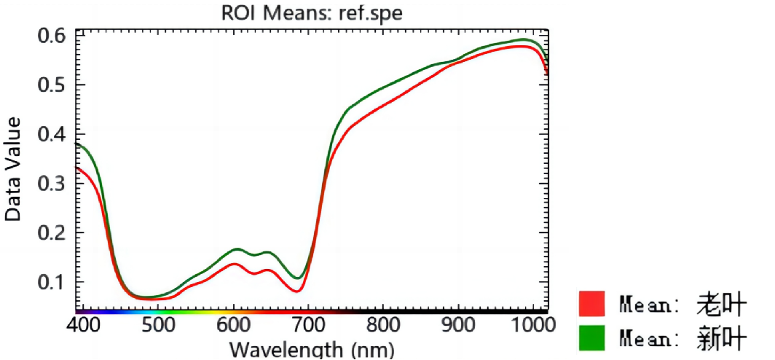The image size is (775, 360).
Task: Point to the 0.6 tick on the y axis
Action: [50, 35]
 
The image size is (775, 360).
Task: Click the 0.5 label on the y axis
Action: [50, 85]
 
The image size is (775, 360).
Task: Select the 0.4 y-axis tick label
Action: [50, 134]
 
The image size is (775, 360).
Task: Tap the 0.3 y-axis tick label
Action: [50, 184]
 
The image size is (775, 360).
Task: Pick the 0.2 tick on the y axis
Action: [50, 233]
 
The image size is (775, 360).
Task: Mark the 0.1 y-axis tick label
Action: [50, 282]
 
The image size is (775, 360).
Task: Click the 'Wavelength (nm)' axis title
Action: [312, 348]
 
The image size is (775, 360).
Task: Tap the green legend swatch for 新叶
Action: [592, 337]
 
